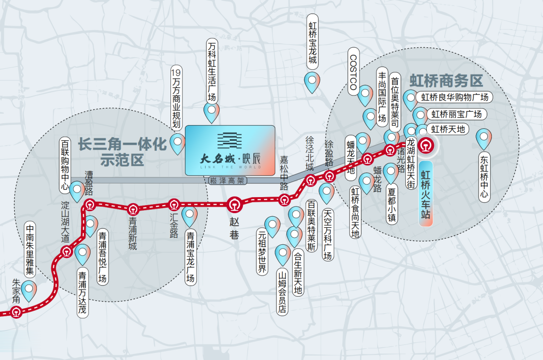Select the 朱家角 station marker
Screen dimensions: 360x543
(x=17, y=312)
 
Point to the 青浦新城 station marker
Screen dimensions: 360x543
(x=133, y=209)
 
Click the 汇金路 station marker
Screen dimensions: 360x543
(x=173, y=205)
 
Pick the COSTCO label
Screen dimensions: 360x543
(x=353, y=72)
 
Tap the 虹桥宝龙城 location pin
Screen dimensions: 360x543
(x=313, y=82)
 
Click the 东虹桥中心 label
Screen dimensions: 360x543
(x=484, y=177)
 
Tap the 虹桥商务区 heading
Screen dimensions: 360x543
(x=446, y=80)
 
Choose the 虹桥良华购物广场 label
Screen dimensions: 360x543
(x=455, y=97)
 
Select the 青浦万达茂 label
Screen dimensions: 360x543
(x=82, y=294)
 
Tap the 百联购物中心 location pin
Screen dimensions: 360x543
(x=77, y=192)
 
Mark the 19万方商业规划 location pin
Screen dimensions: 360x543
(x=177, y=144)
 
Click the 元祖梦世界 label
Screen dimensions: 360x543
(x=261, y=251)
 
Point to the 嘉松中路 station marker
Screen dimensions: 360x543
(x=285, y=200)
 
